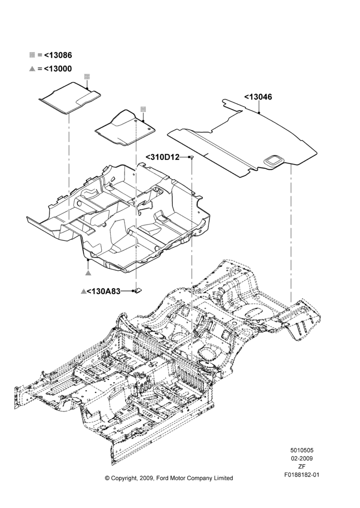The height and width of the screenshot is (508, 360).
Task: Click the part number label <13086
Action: click(x=58, y=55)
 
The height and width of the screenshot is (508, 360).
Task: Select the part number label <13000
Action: click(x=58, y=69)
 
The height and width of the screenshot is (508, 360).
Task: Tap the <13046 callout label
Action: click(x=258, y=97)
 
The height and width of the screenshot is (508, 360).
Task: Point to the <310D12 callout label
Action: click(x=163, y=157)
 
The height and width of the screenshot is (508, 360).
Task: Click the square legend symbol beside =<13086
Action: click(x=32, y=55)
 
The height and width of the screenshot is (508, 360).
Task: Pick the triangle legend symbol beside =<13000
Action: click(x=32, y=69)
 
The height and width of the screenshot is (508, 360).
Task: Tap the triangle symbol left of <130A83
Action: click(x=83, y=291)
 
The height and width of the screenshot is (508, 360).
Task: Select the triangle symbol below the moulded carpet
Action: click(x=88, y=272)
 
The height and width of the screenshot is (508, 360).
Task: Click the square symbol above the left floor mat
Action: click(x=87, y=77)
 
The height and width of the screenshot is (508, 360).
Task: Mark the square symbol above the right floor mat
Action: click(x=143, y=109)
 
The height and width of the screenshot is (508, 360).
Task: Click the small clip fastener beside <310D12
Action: click(x=192, y=157)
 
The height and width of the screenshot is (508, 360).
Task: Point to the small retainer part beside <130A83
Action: click(x=138, y=291)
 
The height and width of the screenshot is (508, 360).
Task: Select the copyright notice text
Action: click(x=169, y=478)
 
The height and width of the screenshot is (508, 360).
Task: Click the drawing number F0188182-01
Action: click(x=302, y=475)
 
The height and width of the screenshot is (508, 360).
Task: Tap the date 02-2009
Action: click(x=302, y=458)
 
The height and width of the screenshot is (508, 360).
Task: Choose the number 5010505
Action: click(x=302, y=450)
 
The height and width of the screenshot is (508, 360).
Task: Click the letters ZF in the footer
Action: click(x=302, y=466)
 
